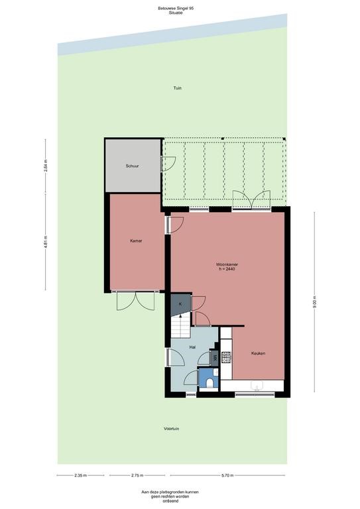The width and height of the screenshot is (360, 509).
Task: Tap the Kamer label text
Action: (136, 241)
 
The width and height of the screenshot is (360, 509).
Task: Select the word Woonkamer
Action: (227, 264)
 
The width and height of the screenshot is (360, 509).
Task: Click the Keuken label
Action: (258, 353)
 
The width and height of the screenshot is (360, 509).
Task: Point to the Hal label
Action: (192, 347)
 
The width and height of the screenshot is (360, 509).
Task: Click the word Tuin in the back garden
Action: (177, 88)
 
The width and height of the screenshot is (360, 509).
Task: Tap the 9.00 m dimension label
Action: (315, 302)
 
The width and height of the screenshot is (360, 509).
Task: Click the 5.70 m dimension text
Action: (226, 475)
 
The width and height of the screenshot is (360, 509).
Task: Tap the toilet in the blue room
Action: (210, 381)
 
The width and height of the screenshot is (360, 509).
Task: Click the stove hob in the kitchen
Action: (225, 357)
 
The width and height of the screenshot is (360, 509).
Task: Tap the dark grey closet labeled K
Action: (180, 304)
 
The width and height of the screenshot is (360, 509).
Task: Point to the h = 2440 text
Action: (227, 268)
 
